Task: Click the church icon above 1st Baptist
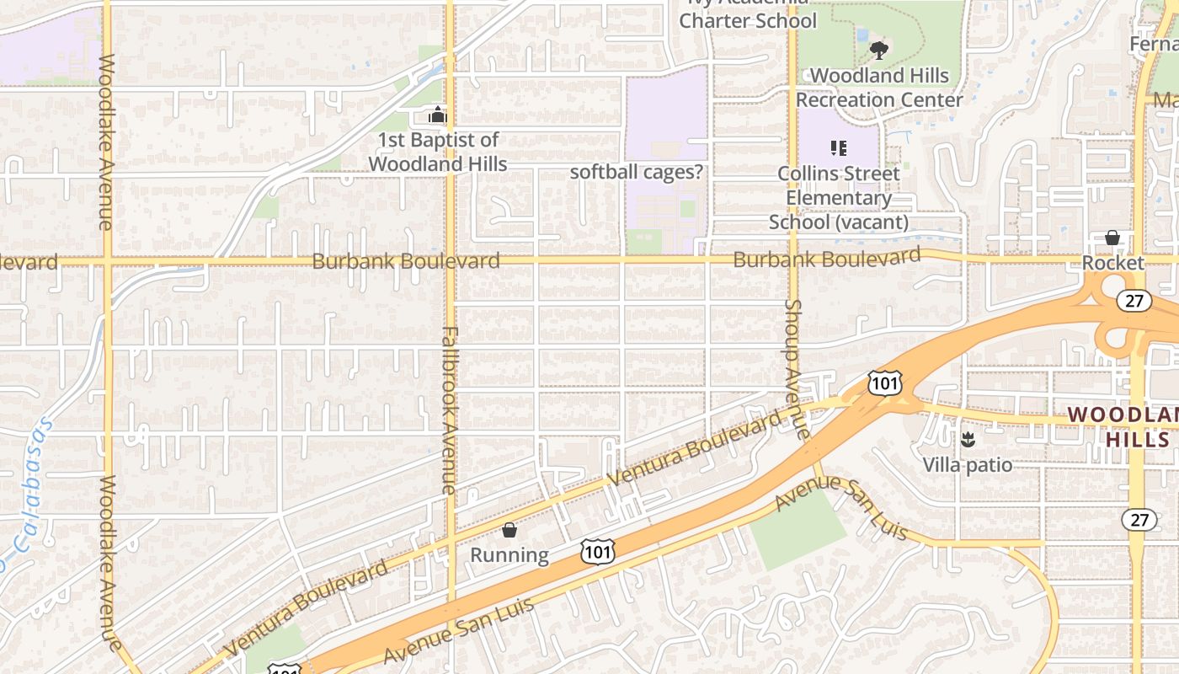point(438,115)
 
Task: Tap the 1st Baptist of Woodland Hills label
point(438,152)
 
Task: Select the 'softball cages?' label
point(637,172)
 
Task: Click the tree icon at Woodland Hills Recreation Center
point(879,51)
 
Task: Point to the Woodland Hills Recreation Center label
point(879,88)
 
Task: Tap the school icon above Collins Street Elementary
point(838,148)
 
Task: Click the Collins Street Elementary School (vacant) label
point(839,198)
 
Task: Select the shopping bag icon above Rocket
point(1112,238)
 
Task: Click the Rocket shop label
point(1113,263)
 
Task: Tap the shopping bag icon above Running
point(509,530)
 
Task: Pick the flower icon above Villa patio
point(968,439)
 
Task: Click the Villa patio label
point(968,464)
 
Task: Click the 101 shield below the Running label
point(597,553)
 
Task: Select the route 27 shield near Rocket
point(1134,301)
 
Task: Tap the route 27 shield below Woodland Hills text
point(1139,519)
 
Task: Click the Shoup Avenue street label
point(795,369)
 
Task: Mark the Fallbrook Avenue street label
point(449,410)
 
